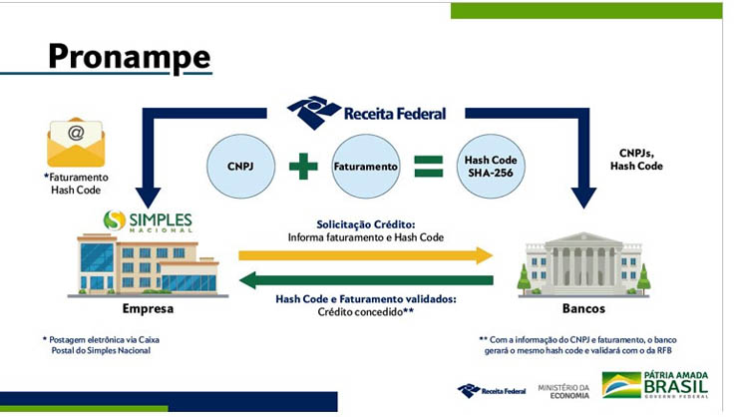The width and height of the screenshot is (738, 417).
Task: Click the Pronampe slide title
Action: [130, 57]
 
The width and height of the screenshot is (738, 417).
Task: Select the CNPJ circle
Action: [240, 167]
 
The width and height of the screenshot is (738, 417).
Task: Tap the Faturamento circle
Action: [366, 167]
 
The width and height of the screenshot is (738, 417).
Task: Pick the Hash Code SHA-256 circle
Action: [491, 167]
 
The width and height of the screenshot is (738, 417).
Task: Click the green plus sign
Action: [303, 167]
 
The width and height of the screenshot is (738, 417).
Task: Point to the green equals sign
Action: [428, 167]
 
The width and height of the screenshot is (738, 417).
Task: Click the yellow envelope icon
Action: [76, 142]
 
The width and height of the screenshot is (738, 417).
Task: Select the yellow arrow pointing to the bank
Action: [366, 255]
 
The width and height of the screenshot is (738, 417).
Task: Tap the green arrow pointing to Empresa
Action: [366, 280]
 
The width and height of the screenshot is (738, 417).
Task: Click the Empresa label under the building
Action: [148, 308]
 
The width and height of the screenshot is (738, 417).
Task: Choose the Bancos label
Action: [583, 308]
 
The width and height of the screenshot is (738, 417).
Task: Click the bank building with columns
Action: [583, 264]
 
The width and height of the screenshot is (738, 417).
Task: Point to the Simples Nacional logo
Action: [148, 221]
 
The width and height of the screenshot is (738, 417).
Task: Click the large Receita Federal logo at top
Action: [367, 113]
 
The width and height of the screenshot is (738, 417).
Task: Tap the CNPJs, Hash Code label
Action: [636, 160]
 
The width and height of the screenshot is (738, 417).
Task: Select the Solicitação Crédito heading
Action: [366, 224]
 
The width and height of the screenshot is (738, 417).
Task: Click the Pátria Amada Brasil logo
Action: [655, 384]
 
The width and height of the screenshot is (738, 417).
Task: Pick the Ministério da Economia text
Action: [563, 392]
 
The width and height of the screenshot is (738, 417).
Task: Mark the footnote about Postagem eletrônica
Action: [101, 345]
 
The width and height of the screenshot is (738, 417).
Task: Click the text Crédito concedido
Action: [366, 311]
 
